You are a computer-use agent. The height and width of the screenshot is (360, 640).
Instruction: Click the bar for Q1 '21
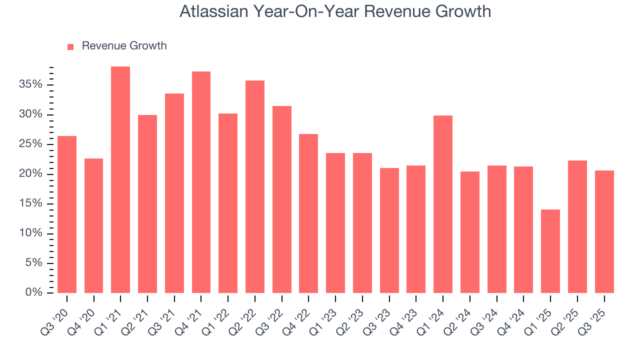coord(120,179)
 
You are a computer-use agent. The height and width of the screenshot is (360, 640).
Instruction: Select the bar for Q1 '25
coord(550,251)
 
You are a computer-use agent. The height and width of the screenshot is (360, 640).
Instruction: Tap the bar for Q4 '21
coord(201,182)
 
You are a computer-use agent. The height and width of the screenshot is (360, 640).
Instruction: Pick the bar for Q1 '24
coord(443,204)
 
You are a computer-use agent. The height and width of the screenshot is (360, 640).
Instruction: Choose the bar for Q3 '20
coord(67,214)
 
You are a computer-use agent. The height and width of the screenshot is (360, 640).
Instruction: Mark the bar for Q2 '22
coord(255,186)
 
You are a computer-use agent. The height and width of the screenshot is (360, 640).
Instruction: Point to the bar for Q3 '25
coord(604,231)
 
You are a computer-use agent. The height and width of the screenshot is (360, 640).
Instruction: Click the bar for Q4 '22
coord(308,213)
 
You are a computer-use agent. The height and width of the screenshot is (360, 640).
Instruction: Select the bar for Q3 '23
coord(389,230)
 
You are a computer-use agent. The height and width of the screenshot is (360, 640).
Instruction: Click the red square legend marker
coord(70,46)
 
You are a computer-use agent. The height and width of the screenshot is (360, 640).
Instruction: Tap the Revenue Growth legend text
coord(124,46)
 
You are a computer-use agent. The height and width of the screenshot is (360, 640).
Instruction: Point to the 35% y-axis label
coord(30,84)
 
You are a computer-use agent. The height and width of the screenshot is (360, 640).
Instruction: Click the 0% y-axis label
coord(33,292)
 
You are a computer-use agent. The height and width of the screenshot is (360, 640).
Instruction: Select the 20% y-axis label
coord(30,174)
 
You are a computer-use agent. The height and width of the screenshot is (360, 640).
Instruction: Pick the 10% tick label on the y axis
coord(30,233)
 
